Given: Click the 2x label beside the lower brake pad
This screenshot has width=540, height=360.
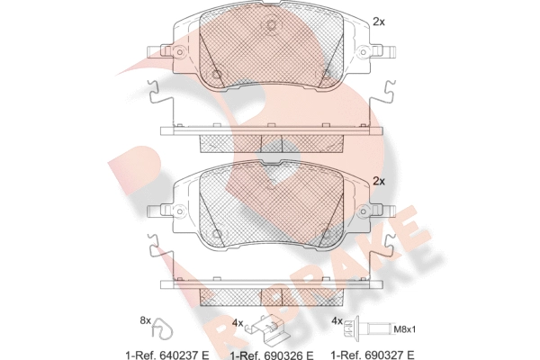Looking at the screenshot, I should tap(379, 181).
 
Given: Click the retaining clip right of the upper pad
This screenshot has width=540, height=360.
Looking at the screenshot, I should tap(389, 96).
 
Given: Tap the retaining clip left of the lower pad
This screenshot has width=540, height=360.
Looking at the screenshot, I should tap(154, 254).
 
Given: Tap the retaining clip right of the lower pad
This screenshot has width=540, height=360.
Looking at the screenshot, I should tap(389, 254).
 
